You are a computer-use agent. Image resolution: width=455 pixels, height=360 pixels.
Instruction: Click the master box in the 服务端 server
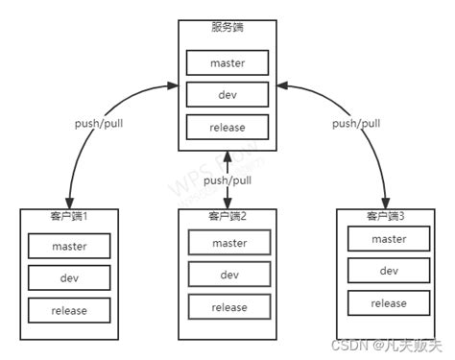227,63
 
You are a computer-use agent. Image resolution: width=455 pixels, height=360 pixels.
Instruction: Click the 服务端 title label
227,27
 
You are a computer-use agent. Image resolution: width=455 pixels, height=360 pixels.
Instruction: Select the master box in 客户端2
228,243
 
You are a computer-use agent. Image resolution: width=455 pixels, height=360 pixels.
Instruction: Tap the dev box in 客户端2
228,275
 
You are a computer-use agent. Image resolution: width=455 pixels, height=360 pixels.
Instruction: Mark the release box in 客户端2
228,306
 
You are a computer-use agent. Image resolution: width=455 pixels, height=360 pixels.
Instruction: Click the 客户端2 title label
228,214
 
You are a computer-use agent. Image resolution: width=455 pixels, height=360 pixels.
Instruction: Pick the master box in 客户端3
388,239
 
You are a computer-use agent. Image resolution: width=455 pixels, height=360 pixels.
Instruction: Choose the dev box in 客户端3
388,271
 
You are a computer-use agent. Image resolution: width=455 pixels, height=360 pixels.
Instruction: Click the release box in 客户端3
388,302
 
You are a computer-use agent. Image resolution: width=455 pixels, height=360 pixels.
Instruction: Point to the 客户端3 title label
388,216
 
